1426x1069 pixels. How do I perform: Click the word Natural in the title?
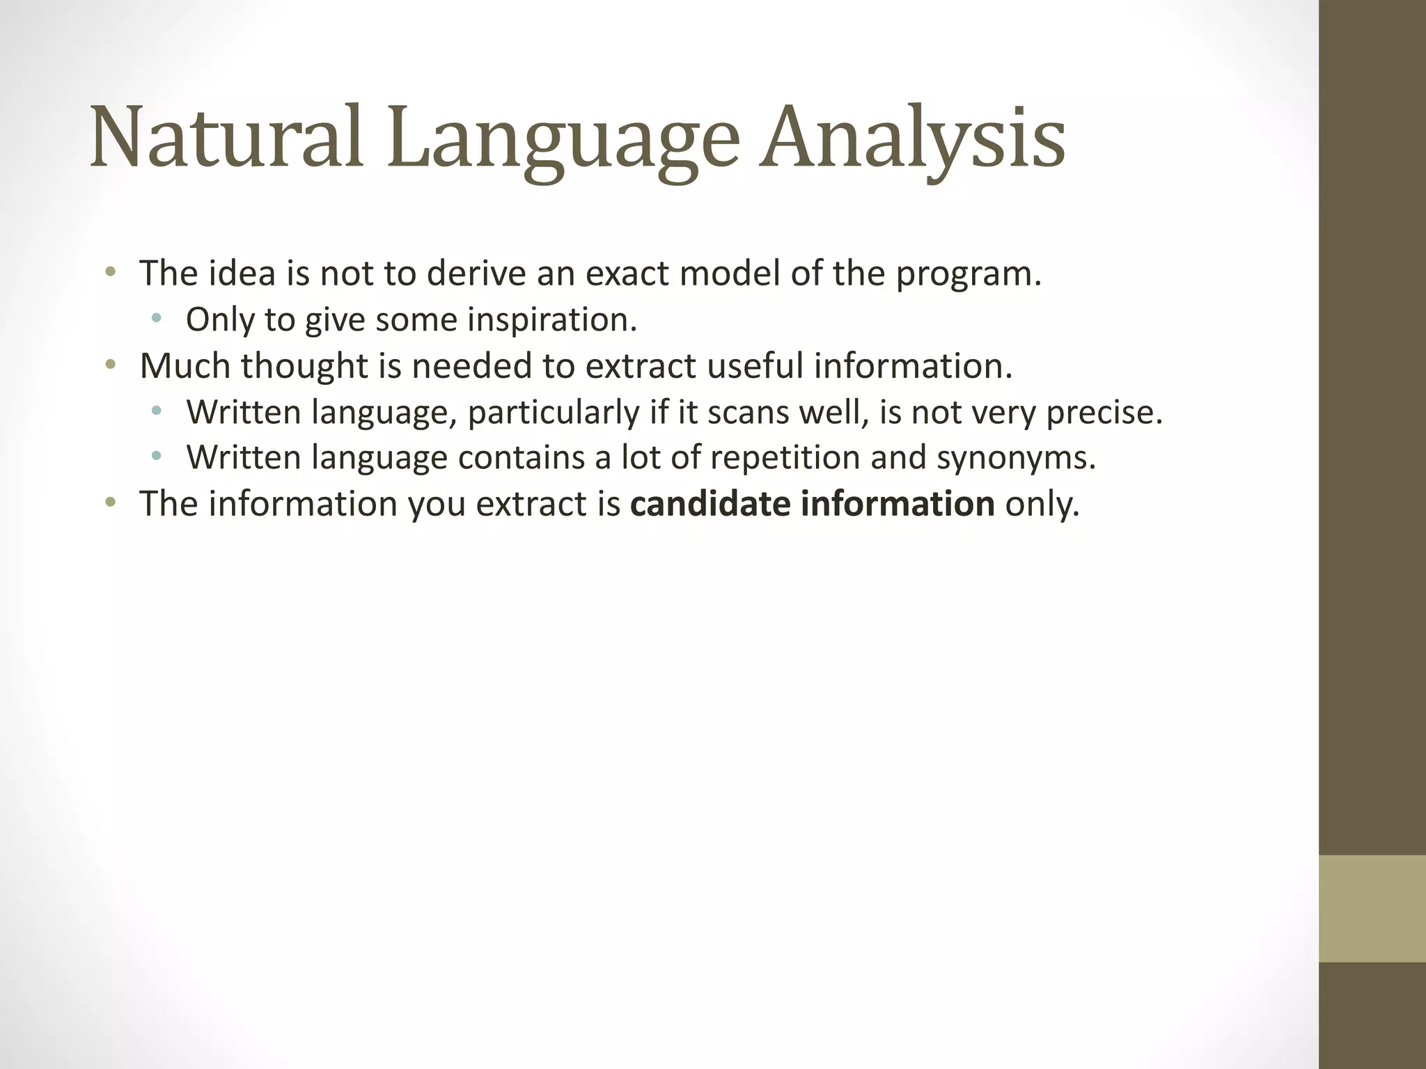227,138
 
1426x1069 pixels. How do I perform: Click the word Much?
185,365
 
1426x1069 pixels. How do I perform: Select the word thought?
304,367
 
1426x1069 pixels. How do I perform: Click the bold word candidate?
710,504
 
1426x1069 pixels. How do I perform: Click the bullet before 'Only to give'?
156,319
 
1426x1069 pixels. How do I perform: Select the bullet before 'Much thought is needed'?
109,364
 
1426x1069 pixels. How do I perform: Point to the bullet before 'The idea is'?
109,271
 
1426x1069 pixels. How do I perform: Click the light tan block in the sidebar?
1372,908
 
